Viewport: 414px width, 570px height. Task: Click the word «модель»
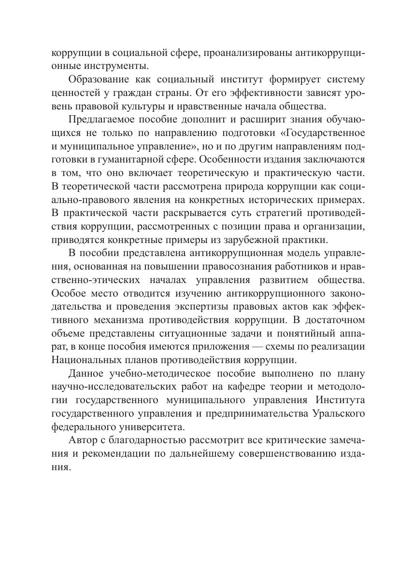(293, 253)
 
